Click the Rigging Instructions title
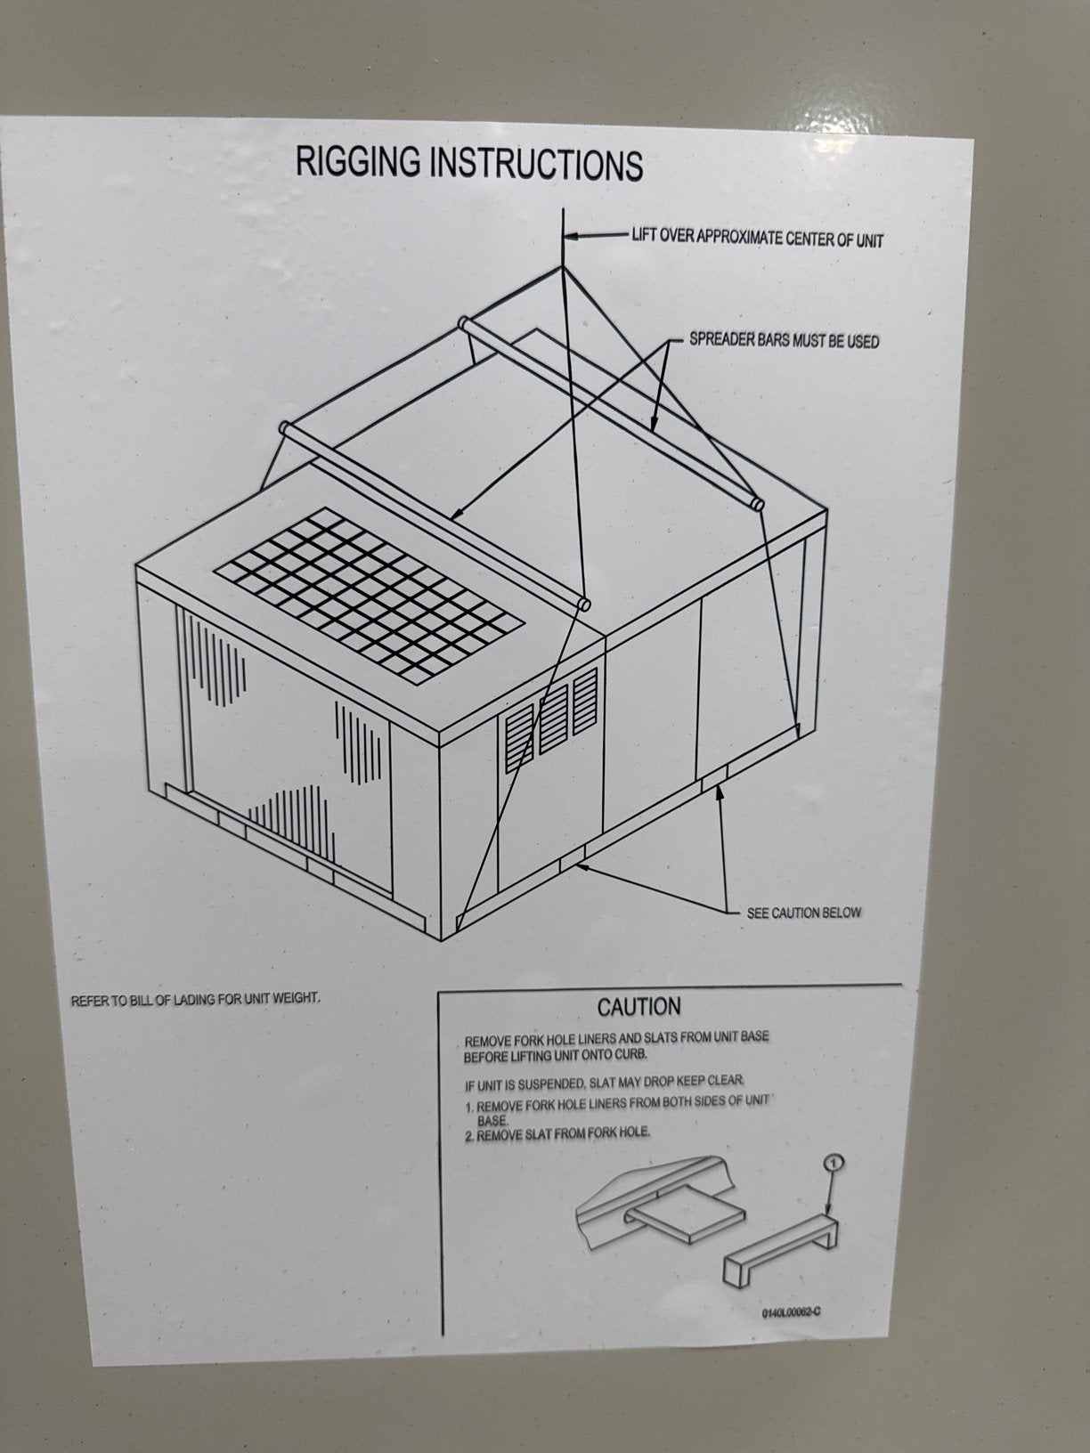pyautogui.click(x=468, y=164)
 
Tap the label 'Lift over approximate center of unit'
pyautogui.click(x=757, y=238)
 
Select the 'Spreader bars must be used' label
pyautogui.click(x=784, y=341)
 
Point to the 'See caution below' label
pyautogui.click(x=803, y=913)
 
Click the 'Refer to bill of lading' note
pyautogui.click(x=195, y=999)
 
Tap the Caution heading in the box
pyautogui.click(x=639, y=1007)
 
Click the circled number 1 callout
pyautogui.click(x=832, y=1162)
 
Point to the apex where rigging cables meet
pyautogui.click(x=563, y=265)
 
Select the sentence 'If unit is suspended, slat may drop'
pyautogui.click(x=604, y=1084)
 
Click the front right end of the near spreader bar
pyautogui.click(x=583, y=604)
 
